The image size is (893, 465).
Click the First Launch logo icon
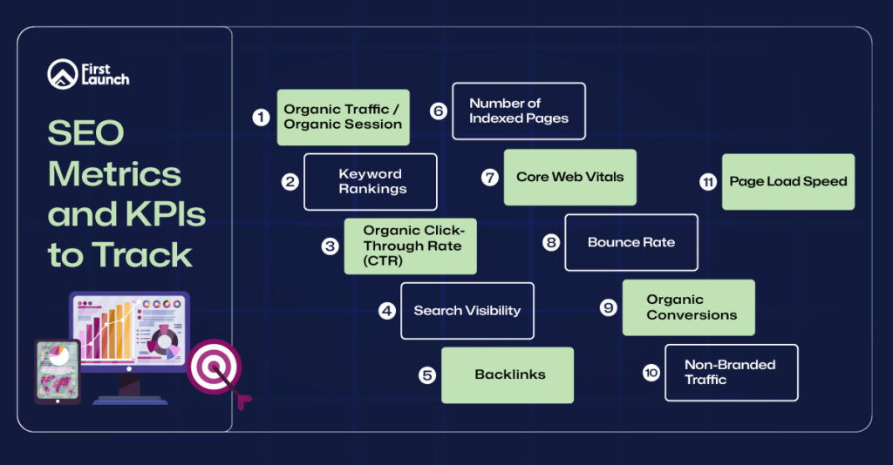coord(63,74)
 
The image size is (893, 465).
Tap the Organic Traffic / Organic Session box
coord(343,117)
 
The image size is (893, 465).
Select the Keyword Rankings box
coord(371,181)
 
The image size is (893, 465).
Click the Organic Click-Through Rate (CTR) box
coord(410,246)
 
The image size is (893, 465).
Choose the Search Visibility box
coord(467,310)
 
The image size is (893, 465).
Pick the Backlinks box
coord(508,374)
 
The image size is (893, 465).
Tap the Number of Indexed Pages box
coord(518,111)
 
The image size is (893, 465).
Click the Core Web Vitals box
coord(569,177)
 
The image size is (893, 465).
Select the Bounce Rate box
coord(631,242)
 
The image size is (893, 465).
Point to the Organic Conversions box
coord(688,307)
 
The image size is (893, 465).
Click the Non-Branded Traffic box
coord(731,372)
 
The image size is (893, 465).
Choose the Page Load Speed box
coord(787,181)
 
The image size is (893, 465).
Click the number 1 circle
coord(261,117)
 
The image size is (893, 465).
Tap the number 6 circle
coord(439,111)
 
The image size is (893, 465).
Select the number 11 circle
coord(708,182)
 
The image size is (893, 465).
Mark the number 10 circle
coord(651,373)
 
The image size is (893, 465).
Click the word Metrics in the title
coord(114,173)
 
